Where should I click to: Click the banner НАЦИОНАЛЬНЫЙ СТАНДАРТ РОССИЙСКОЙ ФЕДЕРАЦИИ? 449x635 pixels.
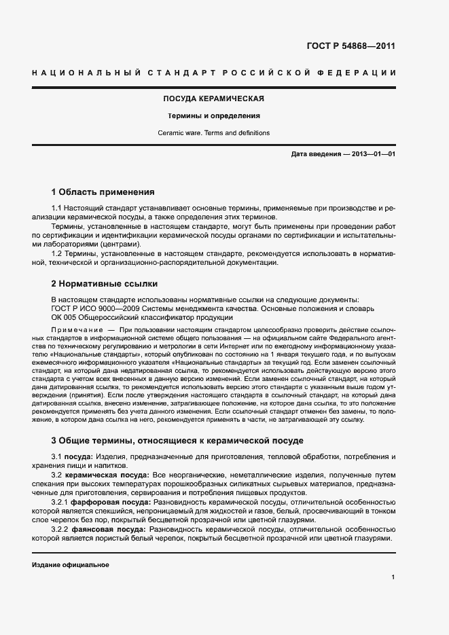point(214,72)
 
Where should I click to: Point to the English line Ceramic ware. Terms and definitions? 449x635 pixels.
point(214,133)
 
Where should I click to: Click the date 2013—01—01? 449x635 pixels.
point(372,154)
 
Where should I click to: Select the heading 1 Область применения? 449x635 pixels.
point(103,192)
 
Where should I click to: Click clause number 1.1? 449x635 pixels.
point(57,206)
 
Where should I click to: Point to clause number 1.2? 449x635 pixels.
point(57,253)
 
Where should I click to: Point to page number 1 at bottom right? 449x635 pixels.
point(393,577)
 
